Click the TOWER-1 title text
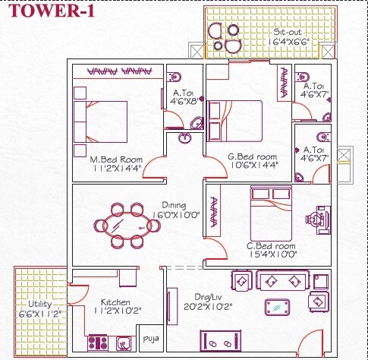click(45, 12)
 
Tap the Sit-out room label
click(287, 33)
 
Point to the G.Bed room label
click(253, 158)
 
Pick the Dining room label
click(173, 204)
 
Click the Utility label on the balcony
click(34, 305)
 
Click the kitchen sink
click(124, 343)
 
